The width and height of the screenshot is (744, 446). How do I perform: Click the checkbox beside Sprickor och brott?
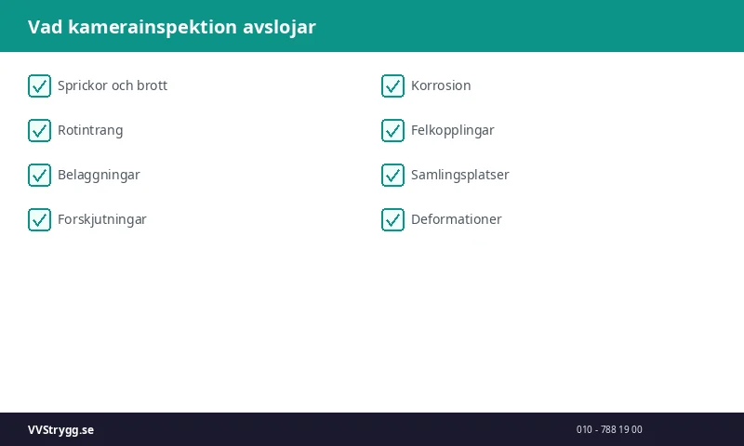[39, 86]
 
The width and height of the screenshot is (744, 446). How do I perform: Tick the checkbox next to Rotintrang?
[39, 131]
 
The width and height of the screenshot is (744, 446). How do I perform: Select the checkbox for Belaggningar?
[39, 176]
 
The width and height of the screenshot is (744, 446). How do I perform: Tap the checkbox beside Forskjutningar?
[39, 220]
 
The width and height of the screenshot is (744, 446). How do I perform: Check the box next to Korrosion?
[392, 86]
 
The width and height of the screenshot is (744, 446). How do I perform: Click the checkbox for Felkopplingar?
[392, 131]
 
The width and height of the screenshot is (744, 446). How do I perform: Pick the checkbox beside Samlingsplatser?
[392, 176]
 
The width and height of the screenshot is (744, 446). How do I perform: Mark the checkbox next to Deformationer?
[392, 220]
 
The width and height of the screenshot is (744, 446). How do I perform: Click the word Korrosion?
[441, 85]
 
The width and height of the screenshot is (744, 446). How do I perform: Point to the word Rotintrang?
[90, 130]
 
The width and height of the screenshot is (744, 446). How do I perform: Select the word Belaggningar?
[99, 175]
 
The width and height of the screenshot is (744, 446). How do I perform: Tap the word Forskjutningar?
[102, 219]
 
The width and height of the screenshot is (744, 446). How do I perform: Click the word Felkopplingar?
[452, 130]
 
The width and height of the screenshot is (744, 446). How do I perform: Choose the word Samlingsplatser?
[459, 175]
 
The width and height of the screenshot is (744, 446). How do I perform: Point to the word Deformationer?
[456, 219]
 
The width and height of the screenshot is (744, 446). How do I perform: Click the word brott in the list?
[152, 85]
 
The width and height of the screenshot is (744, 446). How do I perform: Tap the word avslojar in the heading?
[279, 27]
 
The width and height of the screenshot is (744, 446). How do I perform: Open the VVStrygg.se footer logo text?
[60, 430]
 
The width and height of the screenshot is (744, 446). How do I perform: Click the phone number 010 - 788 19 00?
[609, 430]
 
